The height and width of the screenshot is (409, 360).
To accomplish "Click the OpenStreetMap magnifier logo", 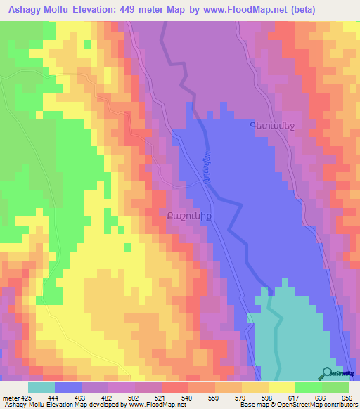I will tap(328, 373).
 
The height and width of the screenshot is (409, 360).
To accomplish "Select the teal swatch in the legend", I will tap(41, 387).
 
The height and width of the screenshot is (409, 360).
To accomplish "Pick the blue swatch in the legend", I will tap(68, 387).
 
